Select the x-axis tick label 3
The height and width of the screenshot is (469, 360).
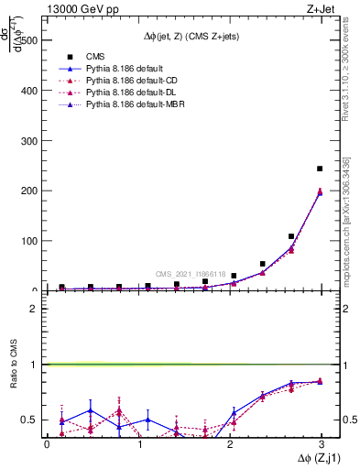tap(321, 443)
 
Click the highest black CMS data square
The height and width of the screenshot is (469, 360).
tap(320, 169)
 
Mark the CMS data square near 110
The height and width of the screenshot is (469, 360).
tap(291, 236)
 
